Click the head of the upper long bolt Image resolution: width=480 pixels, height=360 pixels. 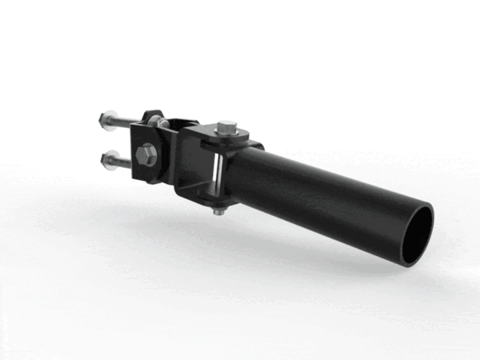click(106, 119)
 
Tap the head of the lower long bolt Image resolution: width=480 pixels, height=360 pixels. click(106, 159)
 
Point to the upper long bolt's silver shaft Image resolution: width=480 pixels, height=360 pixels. click(129, 122)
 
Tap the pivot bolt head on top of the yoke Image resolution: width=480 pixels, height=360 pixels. click(227, 126)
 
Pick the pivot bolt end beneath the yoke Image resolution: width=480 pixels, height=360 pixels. click(218, 211)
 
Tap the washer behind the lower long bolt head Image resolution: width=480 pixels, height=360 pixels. click(112, 161)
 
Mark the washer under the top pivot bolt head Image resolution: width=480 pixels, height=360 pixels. click(227, 133)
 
